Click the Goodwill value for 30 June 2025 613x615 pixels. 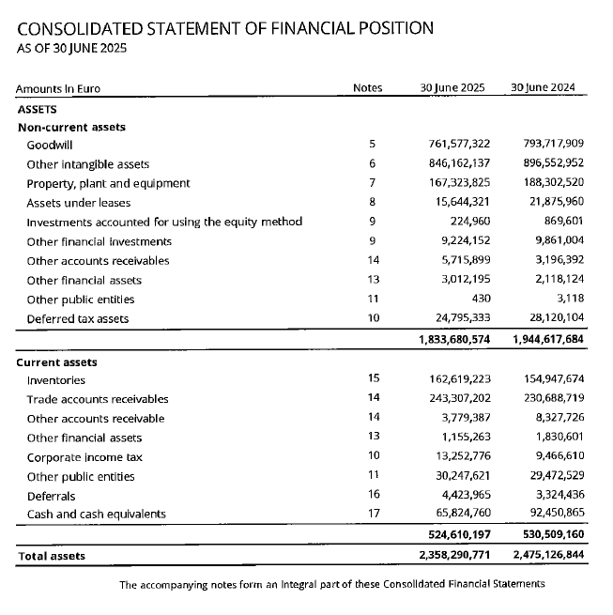click(x=454, y=145)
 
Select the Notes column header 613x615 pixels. click(x=367, y=88)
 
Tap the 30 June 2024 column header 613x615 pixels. click(x=543, y=88)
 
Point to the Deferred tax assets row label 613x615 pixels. click(x=77, y=318)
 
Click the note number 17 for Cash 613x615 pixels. click(x=373, y=514)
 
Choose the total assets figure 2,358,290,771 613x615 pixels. click(x=454, y=556)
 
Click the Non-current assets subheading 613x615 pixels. click(x=71, y=127)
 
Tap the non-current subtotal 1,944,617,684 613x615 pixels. click(x=548, y=338)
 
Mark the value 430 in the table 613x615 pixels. click(x=480, y=299)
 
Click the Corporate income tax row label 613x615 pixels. click(x=84, y=457)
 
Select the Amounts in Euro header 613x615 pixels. click(x=57, y=89)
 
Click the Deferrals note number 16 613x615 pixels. click(x=373, y=495)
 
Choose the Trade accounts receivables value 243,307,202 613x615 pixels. click(x=454, y=399)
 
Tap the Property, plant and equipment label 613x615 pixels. click(x=108, y=183)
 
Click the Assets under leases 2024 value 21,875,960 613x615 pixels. click(x=553, y=203)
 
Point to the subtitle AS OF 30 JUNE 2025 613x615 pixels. click(x=72, y=48)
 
